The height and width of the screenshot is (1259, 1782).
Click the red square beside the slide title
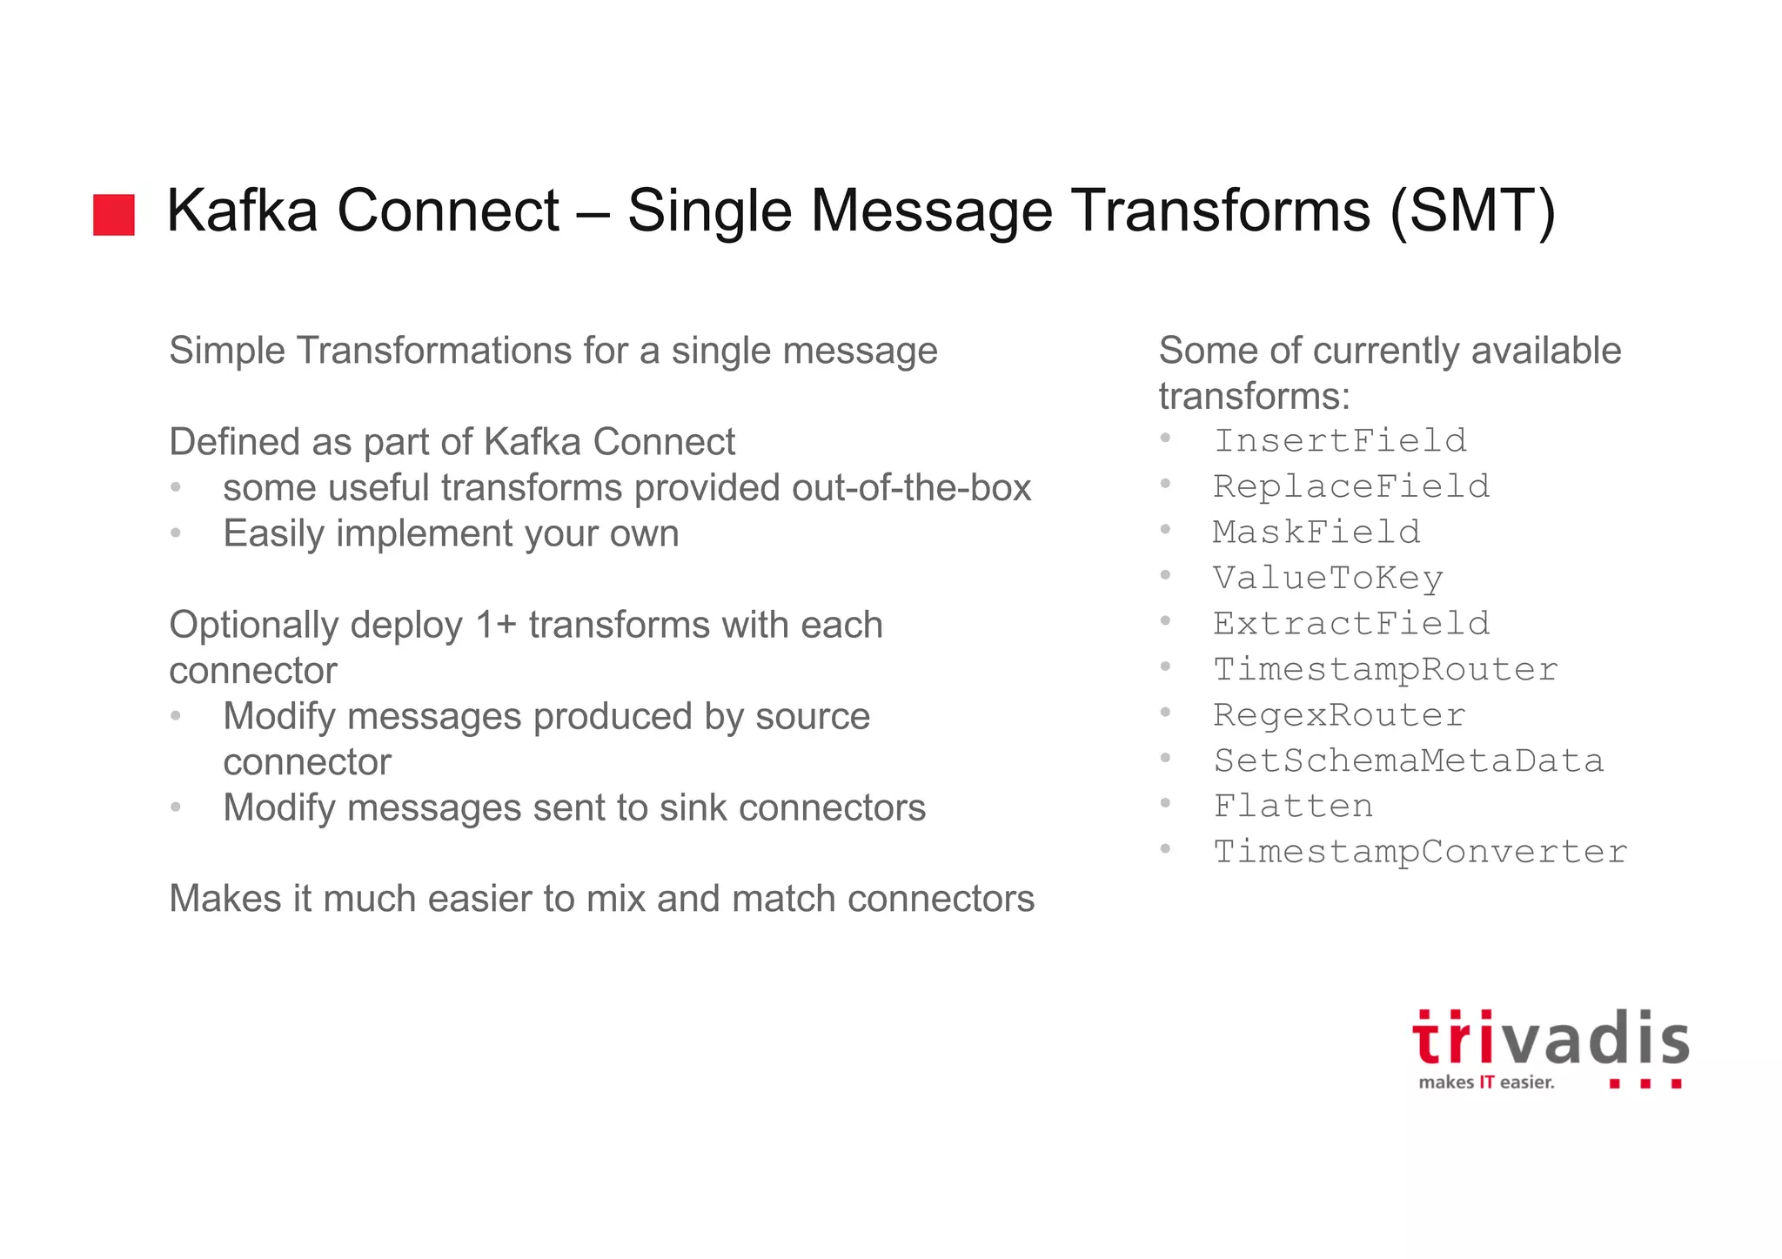(114, 215)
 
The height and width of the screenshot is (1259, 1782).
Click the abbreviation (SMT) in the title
(1472, 211)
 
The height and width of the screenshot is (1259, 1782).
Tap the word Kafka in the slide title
(242, 211)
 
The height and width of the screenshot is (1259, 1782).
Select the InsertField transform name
(1340, 441)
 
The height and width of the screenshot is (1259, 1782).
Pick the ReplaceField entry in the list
(1351, 486)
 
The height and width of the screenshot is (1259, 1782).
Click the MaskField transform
(1316, 532)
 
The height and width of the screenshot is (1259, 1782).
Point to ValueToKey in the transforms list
(1328, 579)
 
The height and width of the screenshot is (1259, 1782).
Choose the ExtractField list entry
(1351, 624)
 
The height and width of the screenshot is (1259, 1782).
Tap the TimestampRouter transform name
(1385, 669)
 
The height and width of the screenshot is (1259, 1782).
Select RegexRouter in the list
(1339, 715)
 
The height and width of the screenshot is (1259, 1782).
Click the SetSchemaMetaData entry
(1408, 761)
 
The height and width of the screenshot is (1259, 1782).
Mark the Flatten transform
(1293, 807)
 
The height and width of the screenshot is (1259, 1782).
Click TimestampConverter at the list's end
(1420, 852)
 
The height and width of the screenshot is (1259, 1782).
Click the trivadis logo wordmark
(1550, 1039)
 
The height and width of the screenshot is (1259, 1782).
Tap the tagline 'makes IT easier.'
(1486, 1082)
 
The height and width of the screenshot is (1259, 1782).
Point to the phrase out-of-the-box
(911, 488)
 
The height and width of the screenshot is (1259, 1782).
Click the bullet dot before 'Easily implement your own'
(176, 533)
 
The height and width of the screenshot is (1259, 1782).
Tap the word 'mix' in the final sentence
(617, 899)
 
